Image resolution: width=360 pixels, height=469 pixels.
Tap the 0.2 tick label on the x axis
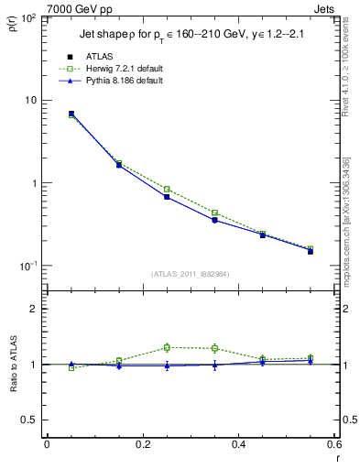coord(142,444)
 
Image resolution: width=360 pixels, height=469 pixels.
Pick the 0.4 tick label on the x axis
coord(238,444)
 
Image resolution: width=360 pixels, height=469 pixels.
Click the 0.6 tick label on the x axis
coord(333,444)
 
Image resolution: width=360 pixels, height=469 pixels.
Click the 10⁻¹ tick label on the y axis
coord(27,266)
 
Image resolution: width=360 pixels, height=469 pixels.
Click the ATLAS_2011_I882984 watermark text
coord(191,273)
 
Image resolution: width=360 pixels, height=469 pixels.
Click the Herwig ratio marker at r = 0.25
coord(167,347)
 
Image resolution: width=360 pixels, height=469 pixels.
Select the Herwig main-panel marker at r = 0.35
coord(214,213)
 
